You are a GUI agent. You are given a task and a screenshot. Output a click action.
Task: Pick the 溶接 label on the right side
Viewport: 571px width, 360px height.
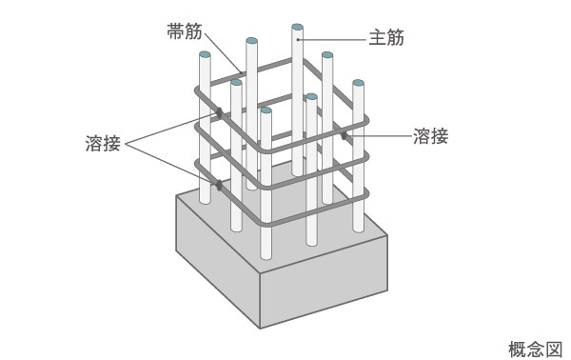click(430, 135)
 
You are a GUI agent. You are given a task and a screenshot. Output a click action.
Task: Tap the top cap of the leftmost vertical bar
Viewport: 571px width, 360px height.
click(204, 56)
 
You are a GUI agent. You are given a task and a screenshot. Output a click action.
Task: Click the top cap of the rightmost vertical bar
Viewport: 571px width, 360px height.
click(358, 84)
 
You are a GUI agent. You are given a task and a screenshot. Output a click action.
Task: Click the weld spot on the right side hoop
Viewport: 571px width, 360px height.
click(345, 136)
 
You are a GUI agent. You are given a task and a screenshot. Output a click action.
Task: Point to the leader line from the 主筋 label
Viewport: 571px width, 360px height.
click(333, 40)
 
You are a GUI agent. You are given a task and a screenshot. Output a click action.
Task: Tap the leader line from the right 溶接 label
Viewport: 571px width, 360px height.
click(381, 136)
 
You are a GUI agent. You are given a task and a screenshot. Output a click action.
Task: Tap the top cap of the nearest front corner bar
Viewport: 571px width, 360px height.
click(266, 110)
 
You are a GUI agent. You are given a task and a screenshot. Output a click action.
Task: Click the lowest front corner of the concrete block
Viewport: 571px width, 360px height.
click(260, 327)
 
